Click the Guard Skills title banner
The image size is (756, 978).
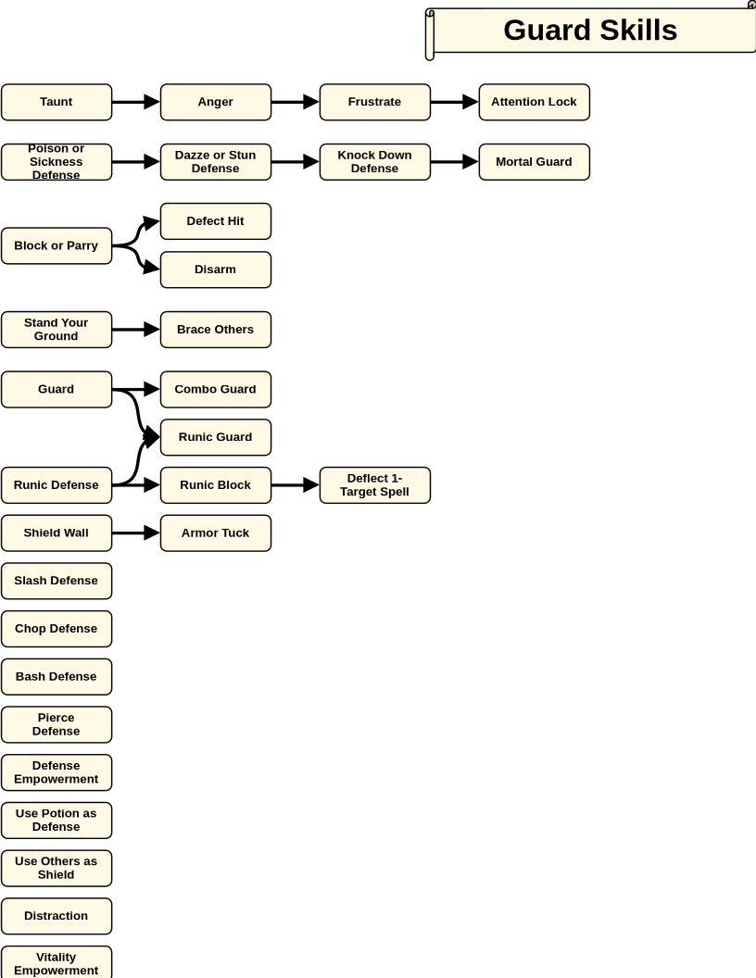pyautogui.click(x=590, y=31)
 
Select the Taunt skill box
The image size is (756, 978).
pyautogui.click(x=57, y=102)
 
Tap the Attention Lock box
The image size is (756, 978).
pyautogui.click(x=535, y=102)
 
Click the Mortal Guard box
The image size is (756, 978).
pyautogui.click(x=535, y=162)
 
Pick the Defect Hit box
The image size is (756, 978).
pyautogui.click(x=216, y=221)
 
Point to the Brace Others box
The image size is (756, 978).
pyautogui.click(x=216, y=330)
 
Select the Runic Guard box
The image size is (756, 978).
pyautogui.click(x=216, y=437)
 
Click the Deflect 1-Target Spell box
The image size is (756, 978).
pyautogui.click(x=375, y=485)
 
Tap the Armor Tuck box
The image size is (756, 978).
pyautogui.click(x=216, y=533)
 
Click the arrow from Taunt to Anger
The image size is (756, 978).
pyautogui.click(x=136, y=102)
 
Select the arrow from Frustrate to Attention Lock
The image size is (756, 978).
pyautogui.click(x=455, y=102)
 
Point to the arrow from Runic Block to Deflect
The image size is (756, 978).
pyautogui.click(x=296, y=484)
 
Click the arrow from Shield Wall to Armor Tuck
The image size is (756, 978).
pyautogui.click(x=136, y=533)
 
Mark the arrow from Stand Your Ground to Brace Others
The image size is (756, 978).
pyautogui.click(x=136, y=330)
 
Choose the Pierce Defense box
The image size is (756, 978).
pyautogui.click(x=57, y=725)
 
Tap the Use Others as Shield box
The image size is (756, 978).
pyautogui.click(x=57, y=868)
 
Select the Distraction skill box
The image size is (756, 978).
pyautogui.click(x=57, y=916)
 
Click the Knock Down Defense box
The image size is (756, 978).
pyautogui.click(x=375, y=162)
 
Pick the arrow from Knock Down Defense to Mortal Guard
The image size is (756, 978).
pyautogui.click(x=455, y=161)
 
